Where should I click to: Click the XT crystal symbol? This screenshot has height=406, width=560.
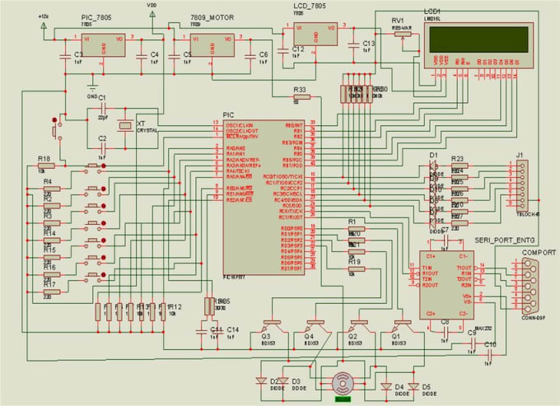(x=125, y=125)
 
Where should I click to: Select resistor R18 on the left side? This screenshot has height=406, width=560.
(x=45, y=166)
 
